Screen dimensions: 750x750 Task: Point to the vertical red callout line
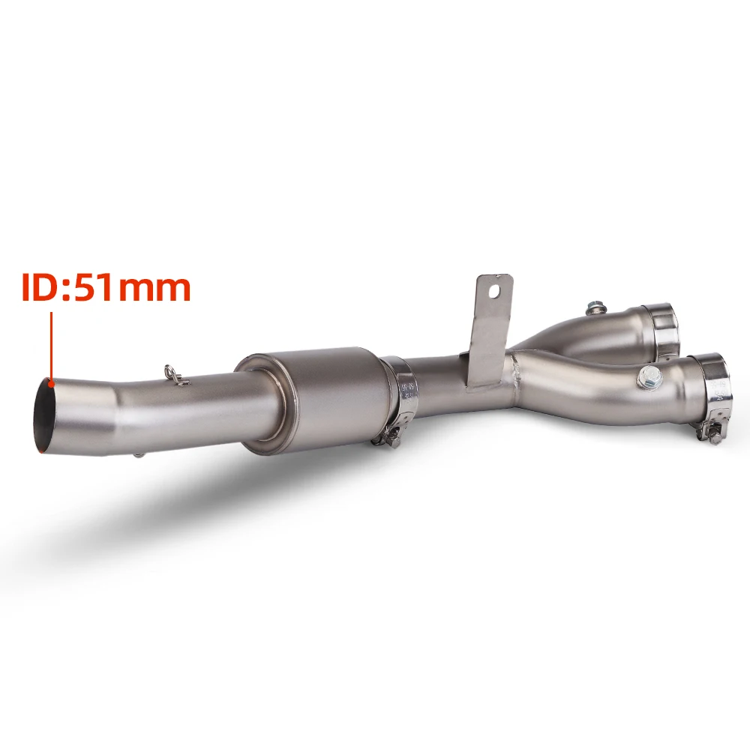click(52, 346)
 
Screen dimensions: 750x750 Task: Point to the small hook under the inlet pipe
click(138, 455)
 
